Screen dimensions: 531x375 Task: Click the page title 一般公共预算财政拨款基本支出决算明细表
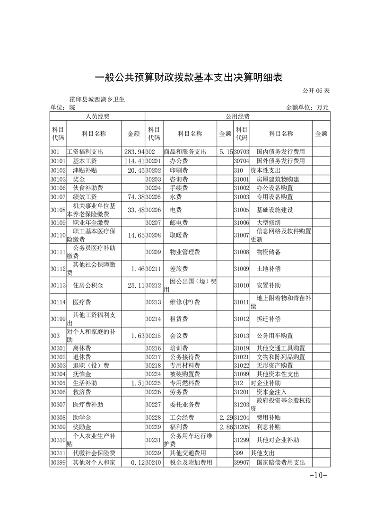click(x=188, y=77)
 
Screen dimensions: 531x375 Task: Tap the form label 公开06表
click(x=315, y=90)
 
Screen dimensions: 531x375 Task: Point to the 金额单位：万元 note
click(x=307, y=108)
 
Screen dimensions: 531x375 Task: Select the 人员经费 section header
click(x=97, y=116)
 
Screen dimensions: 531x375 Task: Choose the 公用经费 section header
click(x=237, y=116)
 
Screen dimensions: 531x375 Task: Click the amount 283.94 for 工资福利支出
click(x=134, y=152)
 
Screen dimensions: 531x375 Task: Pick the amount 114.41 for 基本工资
click(x=134, y=161)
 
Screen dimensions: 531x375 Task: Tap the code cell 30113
click(x=57, y=286)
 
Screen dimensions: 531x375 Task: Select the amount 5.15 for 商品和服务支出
click(x=225, y=152)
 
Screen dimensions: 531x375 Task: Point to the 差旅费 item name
click(x=179, y=268)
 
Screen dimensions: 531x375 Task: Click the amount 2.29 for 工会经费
click(x=225, y=418)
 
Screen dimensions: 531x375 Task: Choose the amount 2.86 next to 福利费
click(x=225, y=427)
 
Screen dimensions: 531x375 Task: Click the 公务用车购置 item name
click(x=274, y=336)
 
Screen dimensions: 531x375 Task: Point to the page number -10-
click(x=318, y=475)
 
